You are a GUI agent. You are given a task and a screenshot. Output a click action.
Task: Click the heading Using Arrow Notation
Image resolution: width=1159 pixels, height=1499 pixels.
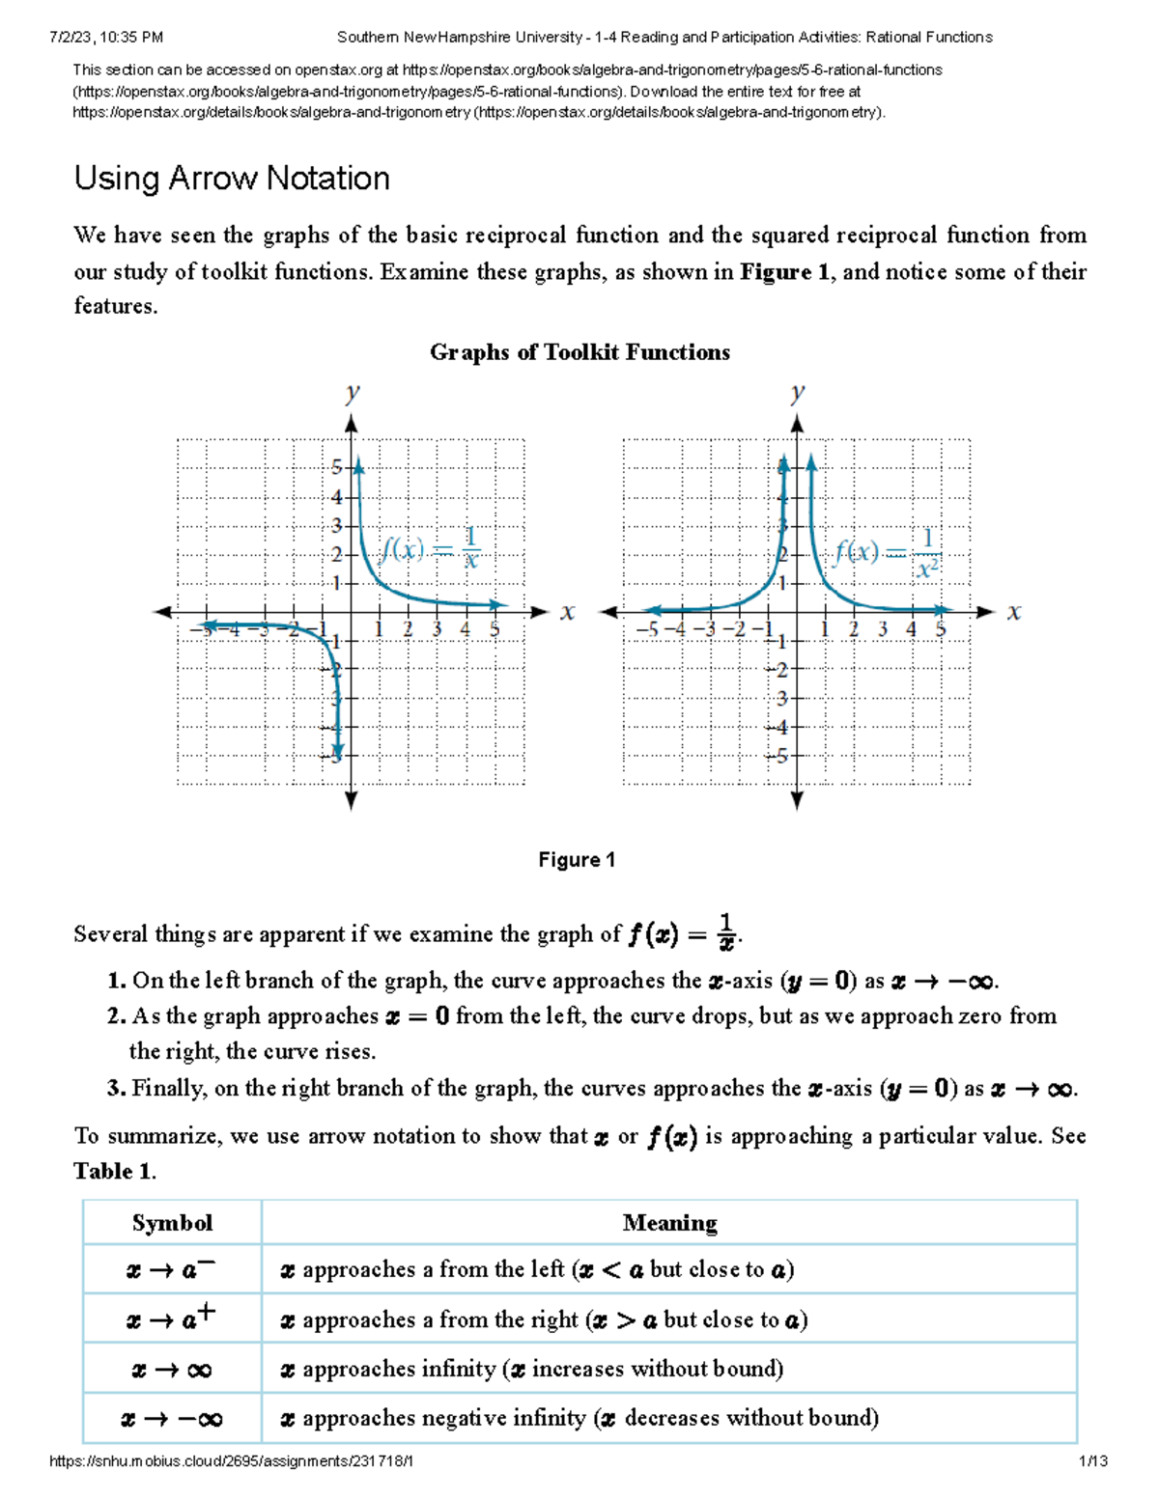pyautogui.click(x=232, y=179)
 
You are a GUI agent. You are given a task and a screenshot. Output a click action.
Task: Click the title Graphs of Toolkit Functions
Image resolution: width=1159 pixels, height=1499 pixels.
pyautogui.click(x=579, y=352)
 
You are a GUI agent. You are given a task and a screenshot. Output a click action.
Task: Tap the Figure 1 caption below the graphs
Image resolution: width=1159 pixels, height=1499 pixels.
pyautogui.click(x=577, y=860)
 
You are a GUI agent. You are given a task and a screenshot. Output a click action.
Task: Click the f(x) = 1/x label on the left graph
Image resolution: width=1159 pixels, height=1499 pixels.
pyautogui.click(x=431, y=548)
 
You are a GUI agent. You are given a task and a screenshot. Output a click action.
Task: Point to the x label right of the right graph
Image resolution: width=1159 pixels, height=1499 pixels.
pyautogui.click(x=1013, y=612)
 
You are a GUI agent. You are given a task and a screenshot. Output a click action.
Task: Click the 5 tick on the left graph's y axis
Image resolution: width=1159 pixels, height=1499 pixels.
pyautogui.click(x=336, y=467)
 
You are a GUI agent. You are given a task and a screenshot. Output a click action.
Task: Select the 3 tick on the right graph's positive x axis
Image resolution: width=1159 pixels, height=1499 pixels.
pyautogui.click(x=882, y=629)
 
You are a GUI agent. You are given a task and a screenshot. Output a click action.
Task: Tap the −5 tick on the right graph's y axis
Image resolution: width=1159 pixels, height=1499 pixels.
pyautogui.click(x=780, y=756)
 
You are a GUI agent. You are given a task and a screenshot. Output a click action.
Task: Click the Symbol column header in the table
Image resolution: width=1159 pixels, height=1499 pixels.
pyautogui.click(x=172, y=1223)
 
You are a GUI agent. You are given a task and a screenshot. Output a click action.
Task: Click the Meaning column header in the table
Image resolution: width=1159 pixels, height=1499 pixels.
pyautogui.click(x=669, y=1223)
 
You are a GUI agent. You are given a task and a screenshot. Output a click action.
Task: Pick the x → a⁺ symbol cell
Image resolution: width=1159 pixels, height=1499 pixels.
pyautogui.click(x=171, y=1319)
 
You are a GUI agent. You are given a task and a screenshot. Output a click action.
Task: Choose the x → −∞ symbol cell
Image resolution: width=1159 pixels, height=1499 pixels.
pyautogui.click(x=171, y=1419)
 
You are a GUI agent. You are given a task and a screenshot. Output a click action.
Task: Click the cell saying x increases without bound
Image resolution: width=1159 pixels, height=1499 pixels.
pyautogui.click(x=531, y=1369)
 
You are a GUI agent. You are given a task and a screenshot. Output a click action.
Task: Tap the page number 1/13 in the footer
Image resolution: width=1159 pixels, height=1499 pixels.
pyautogui.click(x=1092, y=1461)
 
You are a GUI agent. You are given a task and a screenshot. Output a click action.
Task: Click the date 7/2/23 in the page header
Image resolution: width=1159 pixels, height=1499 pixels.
pyautogui.click(x=70, y=38)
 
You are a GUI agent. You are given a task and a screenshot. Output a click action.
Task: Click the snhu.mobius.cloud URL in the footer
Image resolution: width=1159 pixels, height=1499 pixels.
pyautogui.click(x=231, y=1461)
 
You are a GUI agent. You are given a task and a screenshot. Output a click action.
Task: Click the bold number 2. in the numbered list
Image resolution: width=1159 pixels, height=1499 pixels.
pyautogui.click(x=117, y=1016)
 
